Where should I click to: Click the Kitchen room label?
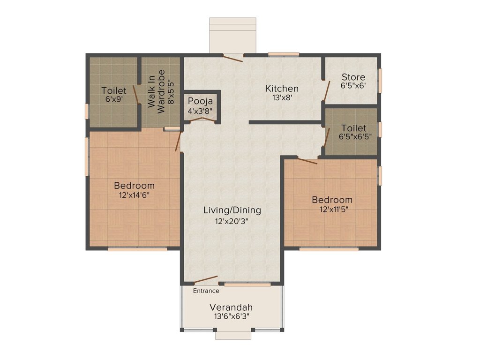282,88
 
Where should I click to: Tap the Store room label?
353,77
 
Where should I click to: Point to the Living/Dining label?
232,210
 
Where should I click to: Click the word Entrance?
206,291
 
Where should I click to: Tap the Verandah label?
231,307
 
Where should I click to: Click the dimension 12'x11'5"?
332,209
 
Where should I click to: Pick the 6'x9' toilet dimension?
114,99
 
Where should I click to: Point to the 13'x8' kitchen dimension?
282,97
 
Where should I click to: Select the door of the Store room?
327,91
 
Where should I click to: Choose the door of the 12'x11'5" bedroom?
307,161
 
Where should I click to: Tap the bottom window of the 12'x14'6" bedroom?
137,249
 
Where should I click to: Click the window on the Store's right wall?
380,78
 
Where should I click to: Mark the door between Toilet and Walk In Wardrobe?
135,95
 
